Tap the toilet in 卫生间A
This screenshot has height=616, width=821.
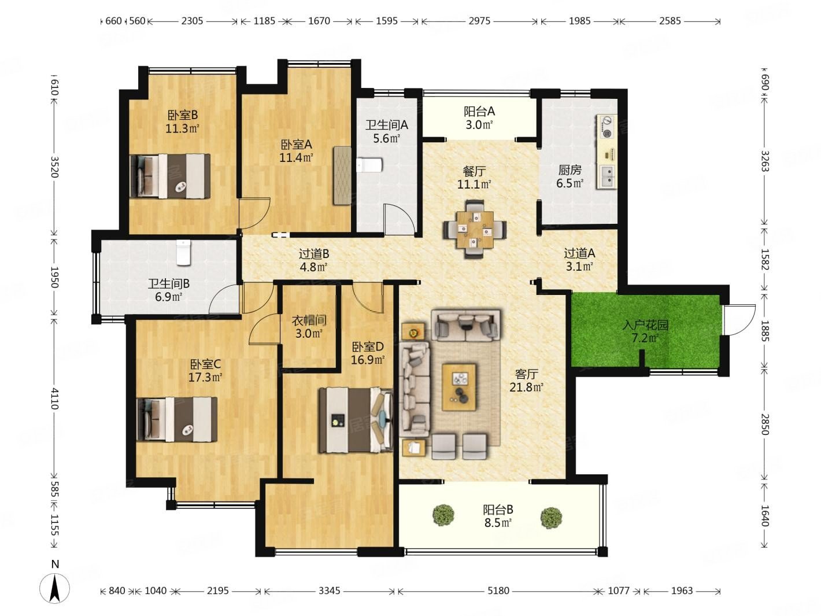click(x=369, y=165)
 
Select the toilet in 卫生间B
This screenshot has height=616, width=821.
click(x=183, y=252)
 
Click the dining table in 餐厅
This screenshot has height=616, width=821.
click(x=475, y=229)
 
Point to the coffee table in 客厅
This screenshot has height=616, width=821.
click(x=459, y=387)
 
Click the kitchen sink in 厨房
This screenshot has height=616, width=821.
click(x=608, y=176)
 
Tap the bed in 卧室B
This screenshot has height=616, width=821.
click(x=170, y=176)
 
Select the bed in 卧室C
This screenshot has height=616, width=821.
click(x=177, y=419)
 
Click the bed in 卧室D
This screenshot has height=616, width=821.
click(x=356, y=420)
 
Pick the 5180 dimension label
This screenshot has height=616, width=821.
click(x=498, y=591)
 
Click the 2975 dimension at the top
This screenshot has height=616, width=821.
click(x=479, y=21)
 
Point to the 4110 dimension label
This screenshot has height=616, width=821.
click(x=54, y=399)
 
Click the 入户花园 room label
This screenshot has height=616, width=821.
click(x=645, y=324)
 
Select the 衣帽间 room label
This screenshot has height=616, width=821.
click(x=309, y=320)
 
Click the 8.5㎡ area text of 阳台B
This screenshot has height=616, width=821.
click(x=498, y=522)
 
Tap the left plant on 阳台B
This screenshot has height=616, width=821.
click(x=443, y=515)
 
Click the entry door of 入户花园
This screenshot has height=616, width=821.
click(x=738, y=319)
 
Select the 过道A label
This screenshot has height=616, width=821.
click(x=579, y=253)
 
